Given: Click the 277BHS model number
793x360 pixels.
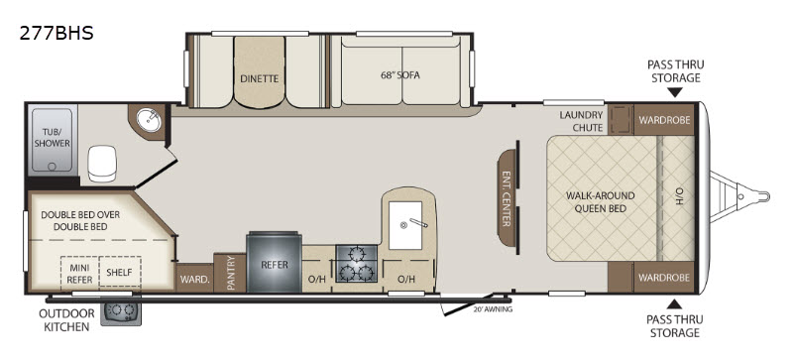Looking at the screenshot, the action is coord(57,33).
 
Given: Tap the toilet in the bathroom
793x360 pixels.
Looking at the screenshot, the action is coord(102,163).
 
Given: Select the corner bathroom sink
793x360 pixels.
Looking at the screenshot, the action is coord(148,121).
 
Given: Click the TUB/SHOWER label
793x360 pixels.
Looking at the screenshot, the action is coord(53,137).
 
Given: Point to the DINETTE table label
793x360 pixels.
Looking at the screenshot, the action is coord(260,78).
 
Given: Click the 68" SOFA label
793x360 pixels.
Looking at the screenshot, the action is coord(400,76).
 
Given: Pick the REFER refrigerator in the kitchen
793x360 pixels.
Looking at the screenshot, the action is coord(275,261).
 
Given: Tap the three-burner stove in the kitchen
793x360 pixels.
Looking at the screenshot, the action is coord(357,262).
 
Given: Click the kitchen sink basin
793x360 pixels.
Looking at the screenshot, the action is coord(405,225).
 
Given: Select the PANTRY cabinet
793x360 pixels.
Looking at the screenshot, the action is coord(230,273).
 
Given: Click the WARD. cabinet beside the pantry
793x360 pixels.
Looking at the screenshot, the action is coord(194,278).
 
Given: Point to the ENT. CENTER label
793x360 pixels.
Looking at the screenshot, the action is coord(506,198).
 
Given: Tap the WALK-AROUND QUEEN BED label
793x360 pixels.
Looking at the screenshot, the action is coord(601,201).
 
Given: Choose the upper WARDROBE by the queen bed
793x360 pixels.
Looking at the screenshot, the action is coord(663,119).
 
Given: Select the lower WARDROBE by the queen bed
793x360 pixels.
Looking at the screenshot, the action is coord(663,278).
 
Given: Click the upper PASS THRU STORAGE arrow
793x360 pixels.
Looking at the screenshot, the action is coord(675,92).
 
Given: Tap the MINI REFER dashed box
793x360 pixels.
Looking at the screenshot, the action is coord(80,274).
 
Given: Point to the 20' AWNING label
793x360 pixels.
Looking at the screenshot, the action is coord(493,309).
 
